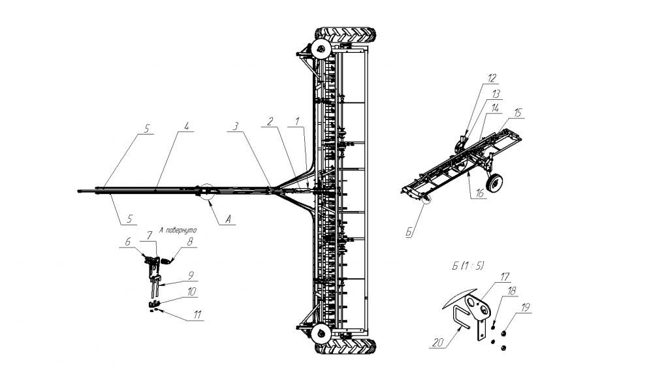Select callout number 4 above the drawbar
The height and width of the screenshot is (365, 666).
click(186, 127)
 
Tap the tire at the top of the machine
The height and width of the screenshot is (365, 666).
click(346, 33)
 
